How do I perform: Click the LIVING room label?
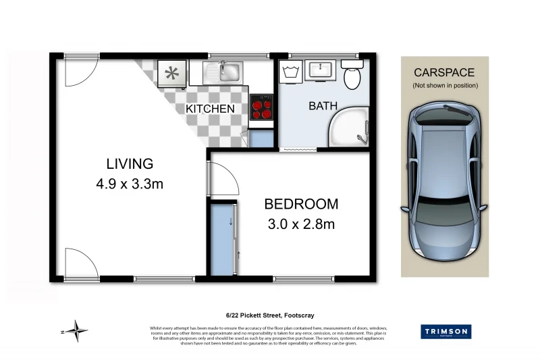click(130, 163)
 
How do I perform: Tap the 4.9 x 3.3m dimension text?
click(130, 183)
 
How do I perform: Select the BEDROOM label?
click(301, 204)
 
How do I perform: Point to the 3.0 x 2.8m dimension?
click(301, 224)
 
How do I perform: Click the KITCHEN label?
click(210, 109)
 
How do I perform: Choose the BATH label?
click(323, 106)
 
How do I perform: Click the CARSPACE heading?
click(444, 72)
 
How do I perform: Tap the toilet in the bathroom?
click(352, 76)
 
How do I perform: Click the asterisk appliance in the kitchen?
click(171, 72)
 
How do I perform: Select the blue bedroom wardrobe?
click(222, 240)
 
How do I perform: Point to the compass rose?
click(79, 330)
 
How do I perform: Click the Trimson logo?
click(446, 332)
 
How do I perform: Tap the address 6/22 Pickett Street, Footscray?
click(270, 315)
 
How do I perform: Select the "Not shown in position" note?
click(445, 85)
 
